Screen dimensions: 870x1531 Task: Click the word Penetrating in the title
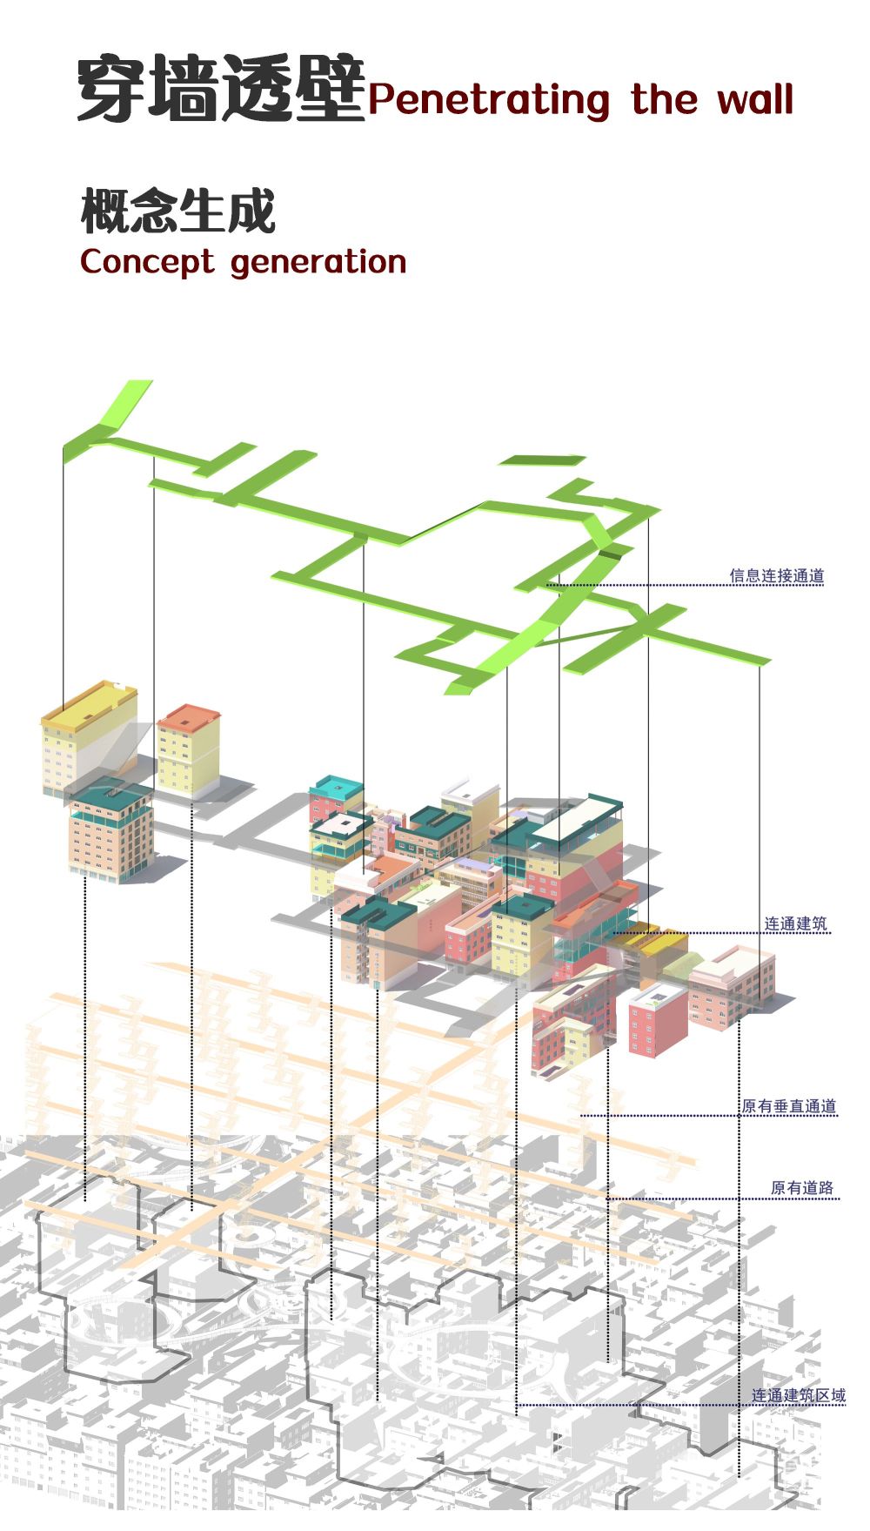pos(488,99)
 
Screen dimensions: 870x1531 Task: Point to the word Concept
pos(146,262)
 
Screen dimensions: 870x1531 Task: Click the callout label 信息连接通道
pos(777,575)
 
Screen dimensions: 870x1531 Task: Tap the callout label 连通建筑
pos(796,923)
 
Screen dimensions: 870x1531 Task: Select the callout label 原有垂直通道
pos(789,1106)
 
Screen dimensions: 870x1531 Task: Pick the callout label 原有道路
pos(802,1187)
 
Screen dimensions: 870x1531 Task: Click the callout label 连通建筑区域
pos(799,1395)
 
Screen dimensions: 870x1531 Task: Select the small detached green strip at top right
pos(542,460)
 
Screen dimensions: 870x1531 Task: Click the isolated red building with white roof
pos(658,1020)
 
